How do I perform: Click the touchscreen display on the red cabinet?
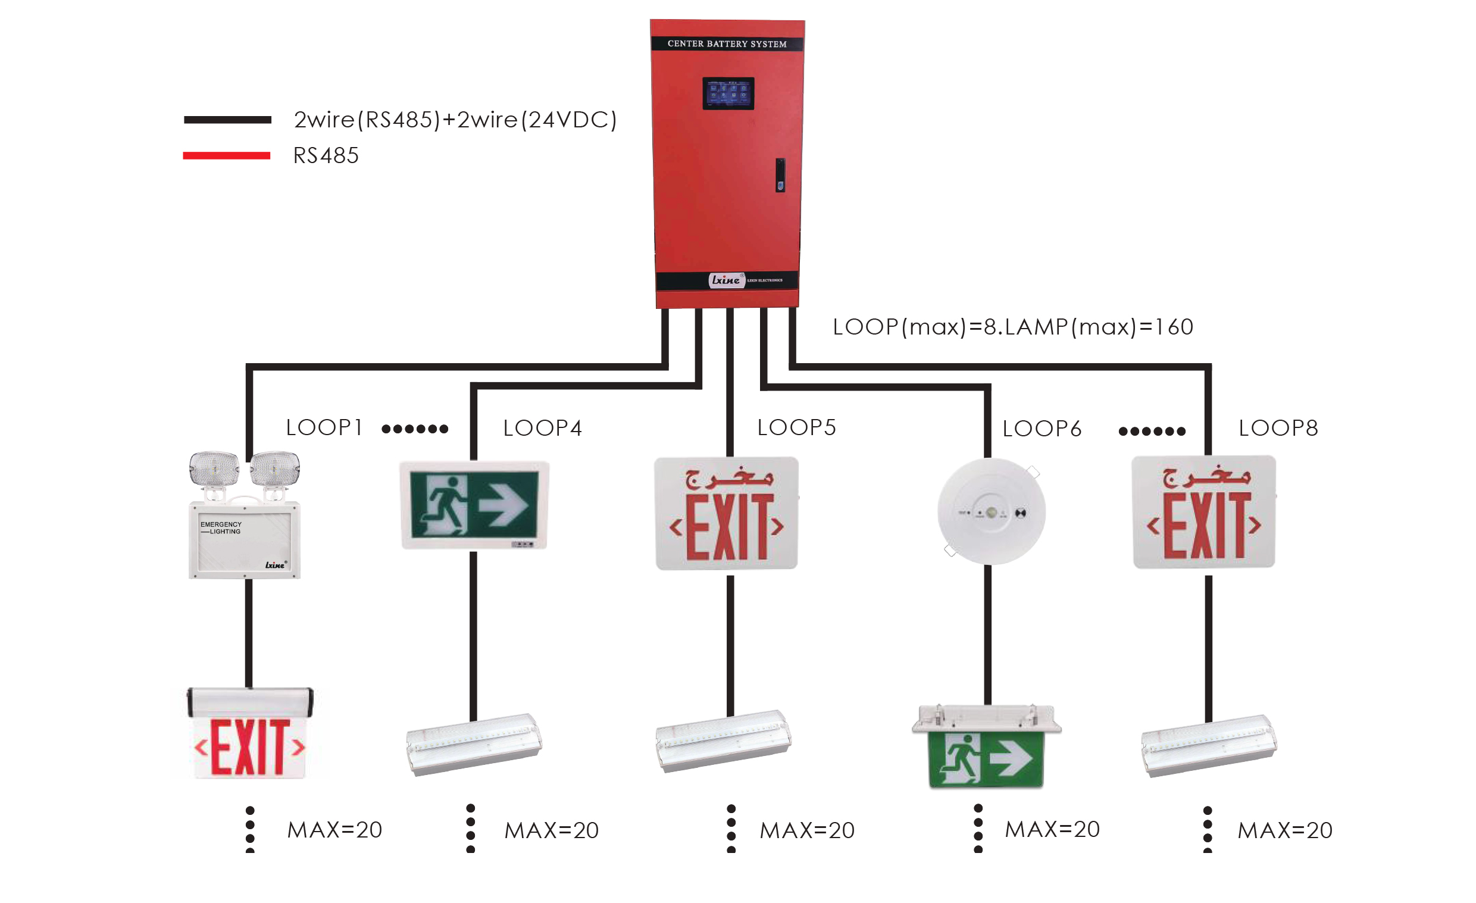[728, 93]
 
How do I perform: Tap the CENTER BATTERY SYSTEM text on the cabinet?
[727, 43]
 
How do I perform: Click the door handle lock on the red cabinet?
[780, 175]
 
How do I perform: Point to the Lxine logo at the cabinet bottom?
[726, 280]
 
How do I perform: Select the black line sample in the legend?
[227, 120]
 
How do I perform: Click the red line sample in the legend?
[226, 156]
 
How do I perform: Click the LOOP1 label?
[324, 428]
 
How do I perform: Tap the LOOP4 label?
[542, 429]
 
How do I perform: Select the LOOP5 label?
[796, 428]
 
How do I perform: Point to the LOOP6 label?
[1042, 429]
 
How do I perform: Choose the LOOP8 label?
[1278, 429]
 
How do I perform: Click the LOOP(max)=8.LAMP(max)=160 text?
[1012, 327]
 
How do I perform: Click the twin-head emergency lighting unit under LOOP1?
[245, 515]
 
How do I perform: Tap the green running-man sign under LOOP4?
[474, 505]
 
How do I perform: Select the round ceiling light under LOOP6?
[992, 512]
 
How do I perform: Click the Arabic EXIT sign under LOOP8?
[1203, 513]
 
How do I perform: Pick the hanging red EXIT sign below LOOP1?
[250, 734]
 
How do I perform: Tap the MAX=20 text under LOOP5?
[806, 830]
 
